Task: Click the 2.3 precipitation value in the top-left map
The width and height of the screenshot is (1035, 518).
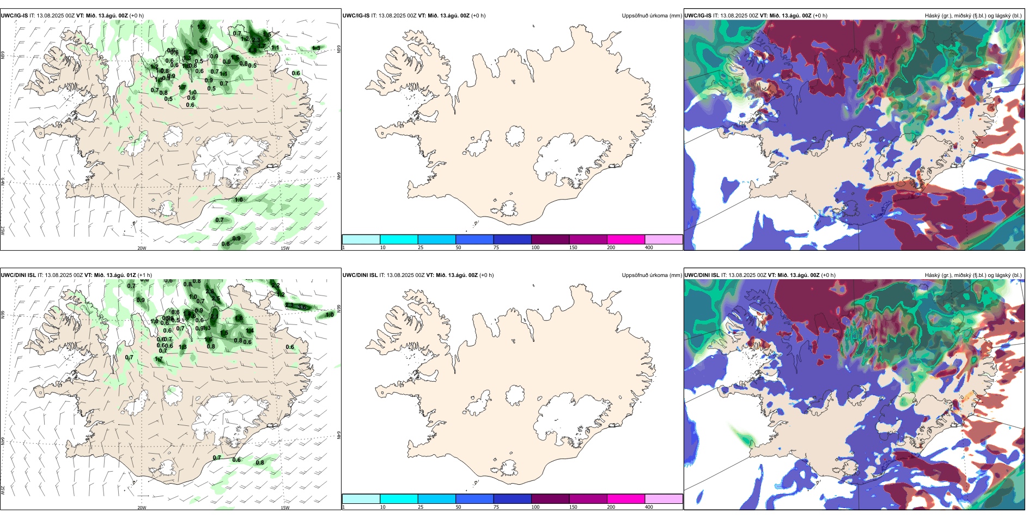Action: point(256,40)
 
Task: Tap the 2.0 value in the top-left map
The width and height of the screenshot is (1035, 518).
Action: point(192,52)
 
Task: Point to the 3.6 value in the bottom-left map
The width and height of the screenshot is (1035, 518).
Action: point(303,307)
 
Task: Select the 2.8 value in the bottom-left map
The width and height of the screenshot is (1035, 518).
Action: point(210,292)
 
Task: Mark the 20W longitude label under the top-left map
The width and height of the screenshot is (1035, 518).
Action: point(142,248)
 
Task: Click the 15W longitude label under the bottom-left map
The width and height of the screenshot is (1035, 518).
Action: point(285,508)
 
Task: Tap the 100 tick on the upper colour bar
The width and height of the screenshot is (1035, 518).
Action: point(535,248)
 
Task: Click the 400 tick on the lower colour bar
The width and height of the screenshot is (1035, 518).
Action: point(649,507)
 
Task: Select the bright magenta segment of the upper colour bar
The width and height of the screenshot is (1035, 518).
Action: point(626,239)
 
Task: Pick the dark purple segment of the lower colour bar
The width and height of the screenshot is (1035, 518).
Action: point(550,499)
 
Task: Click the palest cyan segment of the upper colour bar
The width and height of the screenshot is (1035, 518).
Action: point(361,239)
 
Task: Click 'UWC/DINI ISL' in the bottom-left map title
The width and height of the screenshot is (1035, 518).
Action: point(18,275)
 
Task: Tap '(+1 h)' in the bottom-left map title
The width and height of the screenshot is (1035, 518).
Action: point(145,275)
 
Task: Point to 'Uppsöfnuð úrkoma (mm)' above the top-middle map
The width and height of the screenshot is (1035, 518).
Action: point(652,16)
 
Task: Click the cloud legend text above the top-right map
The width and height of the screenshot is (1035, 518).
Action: point(973,16)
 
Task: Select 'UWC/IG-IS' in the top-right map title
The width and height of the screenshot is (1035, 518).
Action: point(698,16)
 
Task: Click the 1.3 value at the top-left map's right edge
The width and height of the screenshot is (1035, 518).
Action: point(316,49)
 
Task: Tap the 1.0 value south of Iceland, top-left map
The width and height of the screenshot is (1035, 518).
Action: point(239,200)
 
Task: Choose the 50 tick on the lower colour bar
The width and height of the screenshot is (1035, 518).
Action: point(458,507)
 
